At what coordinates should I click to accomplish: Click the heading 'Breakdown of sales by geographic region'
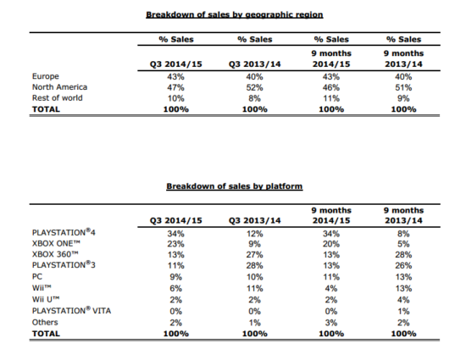(x=234, y=15)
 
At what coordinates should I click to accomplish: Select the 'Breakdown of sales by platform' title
(x=234, y=186)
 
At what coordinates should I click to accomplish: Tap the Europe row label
(x=46, y=76)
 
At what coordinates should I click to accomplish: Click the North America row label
(x=59, y=87)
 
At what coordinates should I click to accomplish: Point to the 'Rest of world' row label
(x=57, y=97)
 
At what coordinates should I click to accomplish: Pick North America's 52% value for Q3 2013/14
(x=254, y=87)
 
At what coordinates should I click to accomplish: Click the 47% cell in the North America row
(x=175, y=87)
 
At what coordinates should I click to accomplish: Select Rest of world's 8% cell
(x=254, y=98)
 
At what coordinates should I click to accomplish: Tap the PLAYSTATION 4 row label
(x=64, y=232)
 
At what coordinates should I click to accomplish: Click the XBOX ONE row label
(x=56, y=244)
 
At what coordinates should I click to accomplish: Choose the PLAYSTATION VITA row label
(x=71, y=311)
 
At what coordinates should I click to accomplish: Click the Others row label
(x=45, y=322)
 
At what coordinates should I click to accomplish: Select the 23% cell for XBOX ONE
(x=175, y=244)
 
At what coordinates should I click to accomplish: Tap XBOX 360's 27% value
(x=254, y=255)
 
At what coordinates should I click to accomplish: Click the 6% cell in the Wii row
(x=175, y=288)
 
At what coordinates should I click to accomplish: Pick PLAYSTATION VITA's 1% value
(x=403, y=311)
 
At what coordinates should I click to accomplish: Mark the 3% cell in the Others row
(x=330, y=323)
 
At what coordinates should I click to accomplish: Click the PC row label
(x=37, y=276)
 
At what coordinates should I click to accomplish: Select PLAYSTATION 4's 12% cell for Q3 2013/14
(x=254, y=234)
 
